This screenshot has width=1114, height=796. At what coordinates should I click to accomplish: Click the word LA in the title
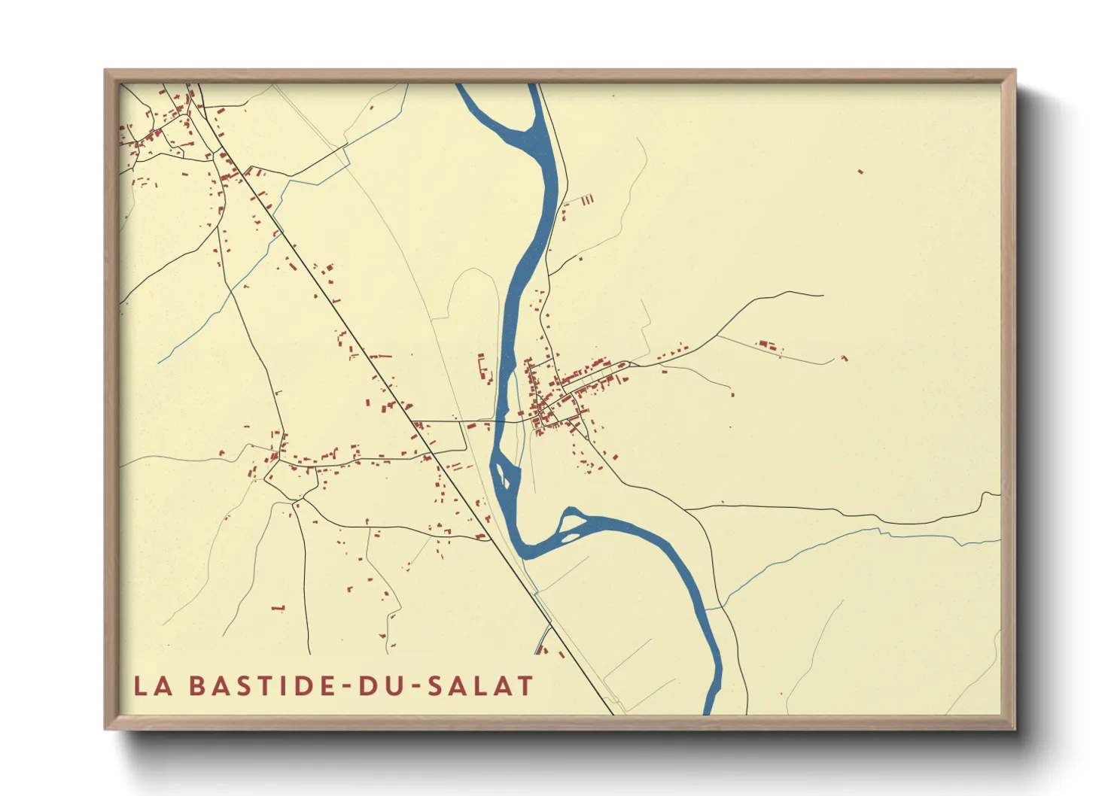pos(150,685)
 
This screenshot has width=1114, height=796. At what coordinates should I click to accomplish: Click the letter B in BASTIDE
pos(197,685)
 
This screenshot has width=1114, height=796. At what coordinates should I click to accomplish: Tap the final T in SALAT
pos(525,685)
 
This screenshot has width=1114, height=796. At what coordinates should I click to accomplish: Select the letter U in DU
pos(393,685)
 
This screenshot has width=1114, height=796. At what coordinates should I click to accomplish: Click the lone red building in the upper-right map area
pos(860,172)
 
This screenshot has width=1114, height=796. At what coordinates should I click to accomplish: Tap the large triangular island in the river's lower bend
pos(570,521)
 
